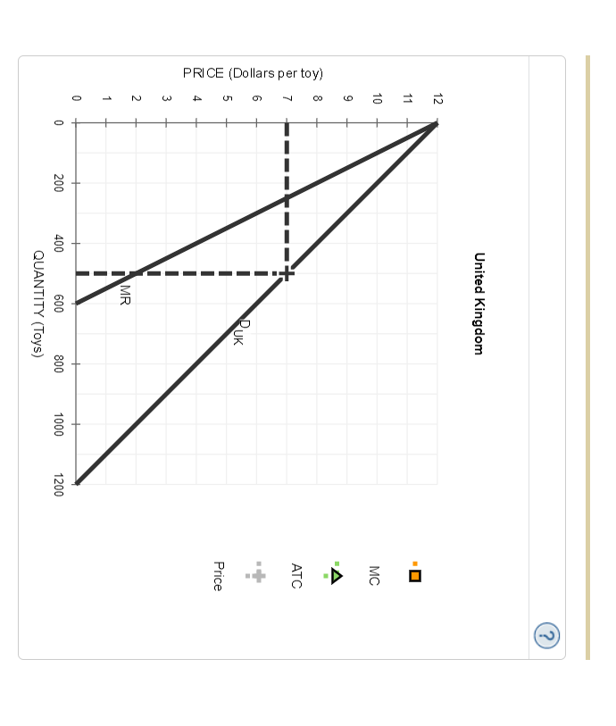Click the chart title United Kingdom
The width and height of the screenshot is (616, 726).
point(479,304)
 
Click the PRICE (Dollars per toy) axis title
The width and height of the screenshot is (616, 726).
point(253,73)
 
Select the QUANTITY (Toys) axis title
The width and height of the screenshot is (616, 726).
point(38,304)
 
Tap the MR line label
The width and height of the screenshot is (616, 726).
point(125,295)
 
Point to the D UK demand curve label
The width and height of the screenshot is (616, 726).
point(239,332)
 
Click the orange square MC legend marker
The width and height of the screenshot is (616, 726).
point(414,575)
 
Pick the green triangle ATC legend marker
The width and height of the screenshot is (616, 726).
point(337,575)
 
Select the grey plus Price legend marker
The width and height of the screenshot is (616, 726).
point(258,575)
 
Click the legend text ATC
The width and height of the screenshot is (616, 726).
point(296,575)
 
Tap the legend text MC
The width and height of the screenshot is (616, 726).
point(374,575)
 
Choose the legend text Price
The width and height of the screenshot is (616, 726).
point(218,575)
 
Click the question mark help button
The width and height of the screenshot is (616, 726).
point(546,635)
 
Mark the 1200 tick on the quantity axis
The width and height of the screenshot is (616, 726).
point(58,485)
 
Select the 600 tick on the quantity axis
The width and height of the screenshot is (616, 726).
point(58,304)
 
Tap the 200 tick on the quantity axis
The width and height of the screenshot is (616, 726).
point(58,183)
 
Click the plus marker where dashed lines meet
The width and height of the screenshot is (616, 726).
point(287,273)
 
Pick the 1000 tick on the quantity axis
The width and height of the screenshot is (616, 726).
point(58,424)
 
